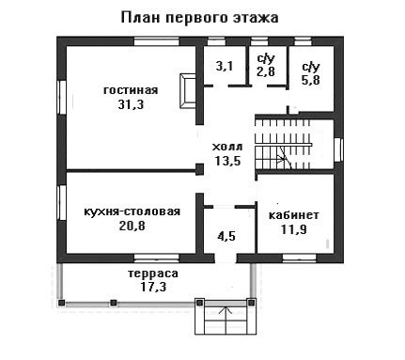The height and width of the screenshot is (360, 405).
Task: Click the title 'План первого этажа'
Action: (x=199, y=18)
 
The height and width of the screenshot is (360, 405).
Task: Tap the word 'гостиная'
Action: (x=131, y=90)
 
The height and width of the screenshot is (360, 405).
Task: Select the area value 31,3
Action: (x=131, y=104)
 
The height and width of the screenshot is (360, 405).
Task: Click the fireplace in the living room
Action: (x=188, y=91)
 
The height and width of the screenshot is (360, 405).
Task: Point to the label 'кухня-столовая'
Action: (x=132, y=211)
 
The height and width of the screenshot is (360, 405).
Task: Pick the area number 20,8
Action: (x=132, y=226)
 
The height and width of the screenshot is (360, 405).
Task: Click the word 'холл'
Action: (x=227, y=147)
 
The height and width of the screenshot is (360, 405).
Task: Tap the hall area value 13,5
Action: (x=227, y=161)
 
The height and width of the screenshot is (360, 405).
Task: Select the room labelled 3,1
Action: (x=225, y=66)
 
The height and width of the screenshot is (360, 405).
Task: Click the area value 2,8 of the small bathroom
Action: (x=266, y=71)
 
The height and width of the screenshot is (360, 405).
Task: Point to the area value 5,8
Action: (x=311, y=80)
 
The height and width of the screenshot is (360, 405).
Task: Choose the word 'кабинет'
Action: (x=294, y=215)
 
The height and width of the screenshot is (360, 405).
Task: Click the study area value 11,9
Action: (x=294, y=229)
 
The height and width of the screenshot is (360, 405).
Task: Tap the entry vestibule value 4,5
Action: (x=226, y=236)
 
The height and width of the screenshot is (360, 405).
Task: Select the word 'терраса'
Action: (x=153, y=274)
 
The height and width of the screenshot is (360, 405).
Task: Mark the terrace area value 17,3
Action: (x=153, y=287)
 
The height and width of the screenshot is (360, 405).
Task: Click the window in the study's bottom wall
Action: (x=299, y=258)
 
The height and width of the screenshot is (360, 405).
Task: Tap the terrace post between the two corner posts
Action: (x=114, y=303)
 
